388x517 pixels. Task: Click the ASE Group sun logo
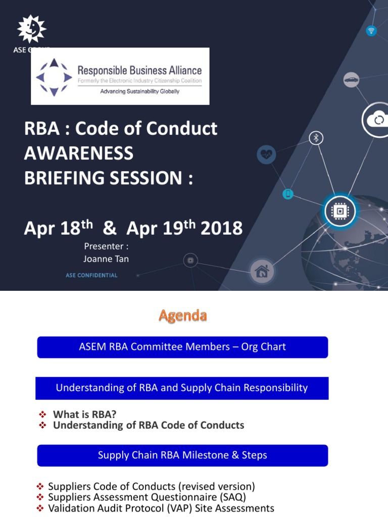coord(31,29)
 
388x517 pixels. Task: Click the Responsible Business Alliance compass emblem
coord(54,77)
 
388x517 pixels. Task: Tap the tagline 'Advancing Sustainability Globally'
coord(139,91)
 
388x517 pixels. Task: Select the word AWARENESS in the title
coord(79,153)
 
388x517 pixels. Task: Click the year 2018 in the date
coord(221,229)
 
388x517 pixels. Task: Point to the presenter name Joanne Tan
coord(106,258)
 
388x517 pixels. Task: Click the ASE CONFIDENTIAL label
coord(91,275)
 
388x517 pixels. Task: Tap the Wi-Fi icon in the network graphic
coord(371,31)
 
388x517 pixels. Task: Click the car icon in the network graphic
coord(351,80)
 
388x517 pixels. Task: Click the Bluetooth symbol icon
coord(316,138)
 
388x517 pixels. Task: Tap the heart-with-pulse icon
coord(266,154)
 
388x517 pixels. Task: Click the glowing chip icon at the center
coord(339,212)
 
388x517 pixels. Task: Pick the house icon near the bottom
coord(262,272)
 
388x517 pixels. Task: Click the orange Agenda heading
coord(182,316)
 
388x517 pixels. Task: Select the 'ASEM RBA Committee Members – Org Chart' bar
coord(182,347)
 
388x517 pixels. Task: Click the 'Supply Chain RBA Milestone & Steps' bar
coord(182,455)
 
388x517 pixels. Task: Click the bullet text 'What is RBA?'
coord(85,415)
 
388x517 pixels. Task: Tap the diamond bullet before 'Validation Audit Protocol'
coord(40,508)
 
